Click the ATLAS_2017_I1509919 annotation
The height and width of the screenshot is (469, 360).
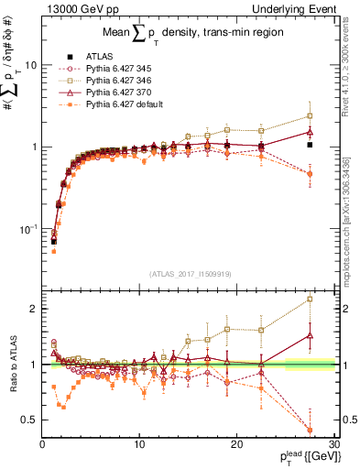click(x=189, y=273)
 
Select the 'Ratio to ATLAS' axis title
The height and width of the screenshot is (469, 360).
click(x=12, y=365)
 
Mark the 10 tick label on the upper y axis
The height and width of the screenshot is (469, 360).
click(x=31, y=66)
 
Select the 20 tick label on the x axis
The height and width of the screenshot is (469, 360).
click(x=236, y=444)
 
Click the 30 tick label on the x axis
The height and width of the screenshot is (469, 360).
click(x=333, y=444)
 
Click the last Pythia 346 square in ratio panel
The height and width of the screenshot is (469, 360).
click(x=310, y=299)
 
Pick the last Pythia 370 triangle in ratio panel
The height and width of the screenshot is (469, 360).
click(x=310, y=335)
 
